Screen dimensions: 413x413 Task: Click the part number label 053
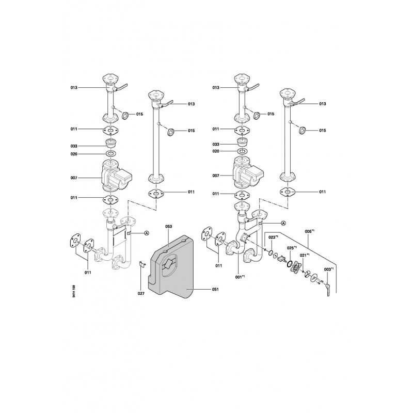point(168,226)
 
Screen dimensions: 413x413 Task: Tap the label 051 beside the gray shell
point(215,289)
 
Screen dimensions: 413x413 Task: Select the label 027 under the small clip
point(141,294)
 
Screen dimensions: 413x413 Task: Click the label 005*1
point(309,231)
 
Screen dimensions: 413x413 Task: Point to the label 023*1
point(274,237)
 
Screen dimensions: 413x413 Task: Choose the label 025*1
point(292,248)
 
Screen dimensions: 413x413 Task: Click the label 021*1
point(305,255)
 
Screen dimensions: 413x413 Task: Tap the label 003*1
point(329,269)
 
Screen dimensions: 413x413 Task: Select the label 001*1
point(240,277)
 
